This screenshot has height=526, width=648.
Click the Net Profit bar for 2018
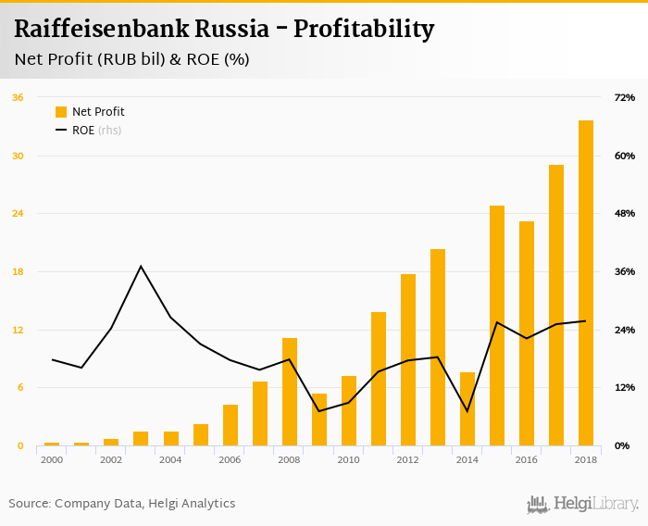(586, 283)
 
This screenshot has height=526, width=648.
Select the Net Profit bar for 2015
(497, 326)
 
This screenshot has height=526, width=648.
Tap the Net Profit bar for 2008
(290, 392)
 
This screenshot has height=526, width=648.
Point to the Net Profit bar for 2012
(408, 360)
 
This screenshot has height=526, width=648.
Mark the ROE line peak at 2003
(141, 267)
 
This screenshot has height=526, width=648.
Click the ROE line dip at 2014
(467, 411)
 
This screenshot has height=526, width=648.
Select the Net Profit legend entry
(91, 112)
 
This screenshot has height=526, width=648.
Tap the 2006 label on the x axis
(230, 460)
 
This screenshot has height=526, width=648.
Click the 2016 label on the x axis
(526, 460)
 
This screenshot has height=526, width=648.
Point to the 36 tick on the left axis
(18, 97)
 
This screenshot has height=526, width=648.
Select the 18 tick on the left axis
(18, 271)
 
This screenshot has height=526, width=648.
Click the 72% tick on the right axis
(624, 97)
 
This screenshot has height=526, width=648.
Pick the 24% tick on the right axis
(624, 330)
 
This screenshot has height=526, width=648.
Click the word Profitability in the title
(364, 29)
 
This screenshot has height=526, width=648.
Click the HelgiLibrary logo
(582, 504)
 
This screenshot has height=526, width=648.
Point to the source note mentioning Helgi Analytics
(122, 504)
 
